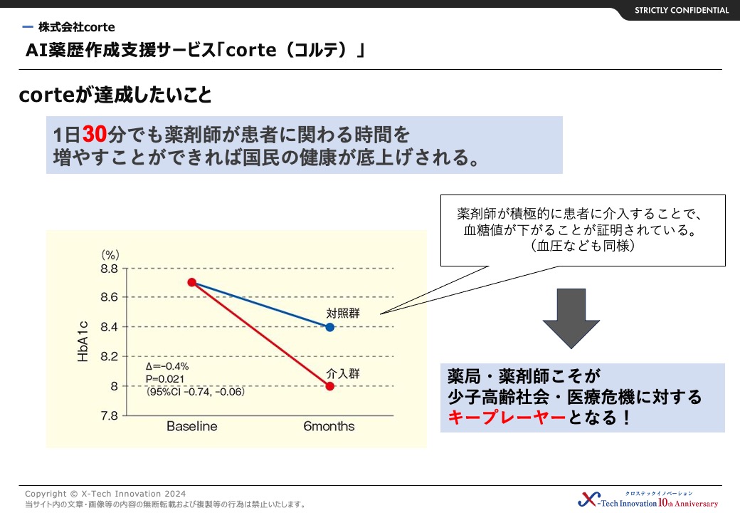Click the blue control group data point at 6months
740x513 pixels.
[330, 327]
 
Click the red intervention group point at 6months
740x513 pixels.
[330, 386]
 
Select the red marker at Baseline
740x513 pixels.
[191, 282]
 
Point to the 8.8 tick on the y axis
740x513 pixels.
[109, 269]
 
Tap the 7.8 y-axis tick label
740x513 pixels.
[109, 415]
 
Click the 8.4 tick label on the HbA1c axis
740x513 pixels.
[109, 327]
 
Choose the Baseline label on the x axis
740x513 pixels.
[192, 426]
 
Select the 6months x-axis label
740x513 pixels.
[329, 426]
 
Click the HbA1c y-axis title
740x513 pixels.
[83, 341]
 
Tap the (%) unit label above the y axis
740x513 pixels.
[110, 255]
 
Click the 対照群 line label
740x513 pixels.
[343, 313]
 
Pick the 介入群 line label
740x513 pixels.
[343, 373]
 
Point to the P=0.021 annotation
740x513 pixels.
[164, 379]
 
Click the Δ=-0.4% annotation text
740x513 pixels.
[167, 366]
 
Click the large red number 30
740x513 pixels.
[95, 134]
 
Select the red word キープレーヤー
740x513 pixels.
[507, 418]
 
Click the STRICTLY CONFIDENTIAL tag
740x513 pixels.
[682, 11]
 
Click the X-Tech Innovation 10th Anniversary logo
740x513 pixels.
[648, 499]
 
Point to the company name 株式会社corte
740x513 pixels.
[76, 27]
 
